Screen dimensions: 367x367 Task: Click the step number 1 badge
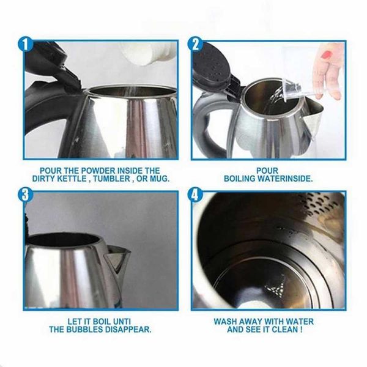coord(26,44)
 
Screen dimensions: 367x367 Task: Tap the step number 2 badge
coord(195,44)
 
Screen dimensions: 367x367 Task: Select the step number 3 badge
coord(26,195)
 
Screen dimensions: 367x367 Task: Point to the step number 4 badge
coord(195,195)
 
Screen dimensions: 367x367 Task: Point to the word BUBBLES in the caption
coord(84,329)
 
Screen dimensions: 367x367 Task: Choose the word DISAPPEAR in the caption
coord(127,329)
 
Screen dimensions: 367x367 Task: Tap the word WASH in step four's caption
coord(226,321)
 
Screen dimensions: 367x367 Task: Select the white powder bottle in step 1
coord(147,52)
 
